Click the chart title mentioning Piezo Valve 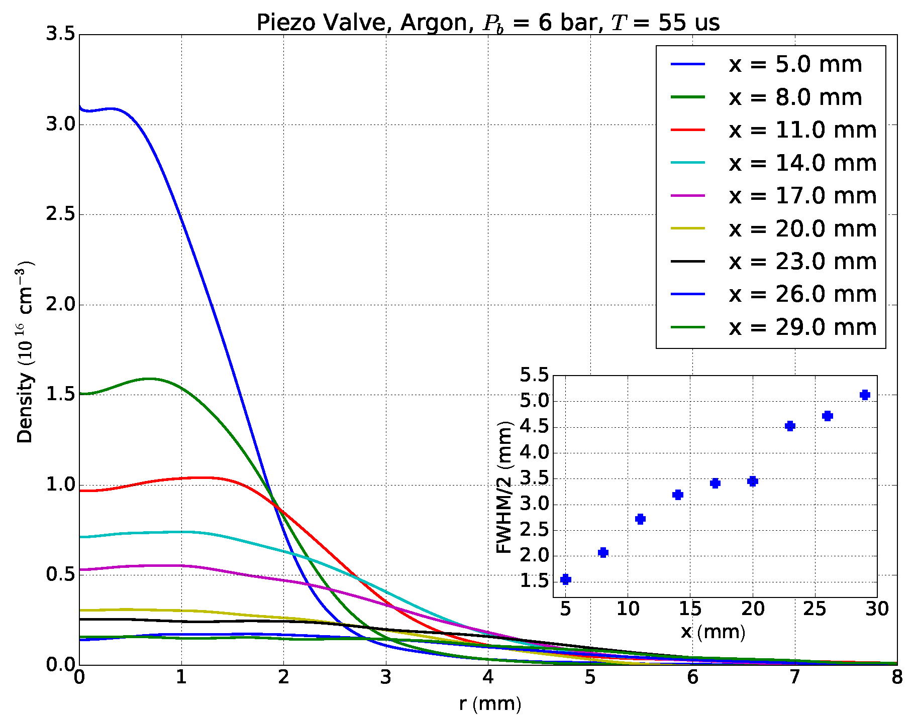click(488, 23)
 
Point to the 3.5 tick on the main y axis click(60, 35)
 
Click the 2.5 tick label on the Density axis click(60, 214)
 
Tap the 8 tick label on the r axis click(897, 678)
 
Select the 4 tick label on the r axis click(488, 678)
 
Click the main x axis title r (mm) click(490, 704)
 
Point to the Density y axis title click(25, 351)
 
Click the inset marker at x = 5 click(566, 579)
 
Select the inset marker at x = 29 click(865, 395)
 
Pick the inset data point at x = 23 click(790, 426)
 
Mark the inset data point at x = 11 click(640, 519)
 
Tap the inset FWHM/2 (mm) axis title click(503, 487)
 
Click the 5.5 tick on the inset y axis click(535, 375)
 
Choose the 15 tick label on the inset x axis click(690, 609)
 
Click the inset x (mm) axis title click(713, 632)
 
